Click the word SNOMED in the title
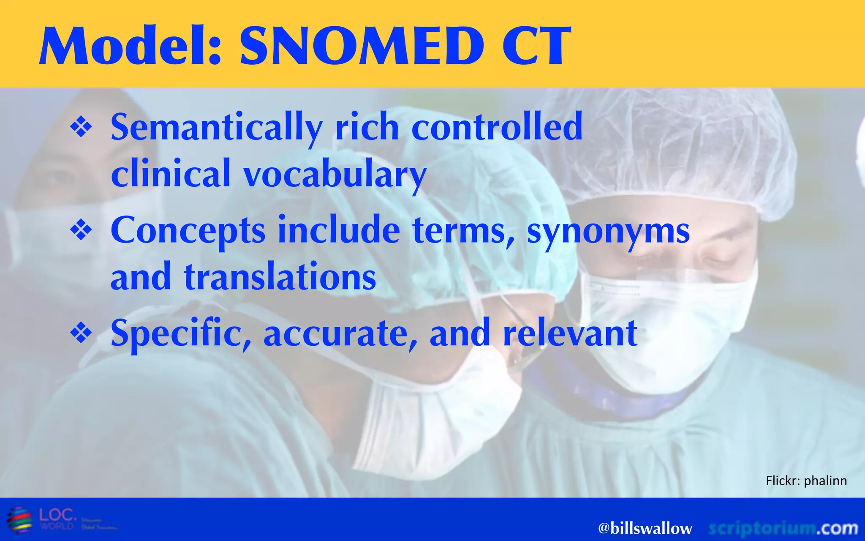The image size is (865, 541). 361,46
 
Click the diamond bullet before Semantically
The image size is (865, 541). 81,128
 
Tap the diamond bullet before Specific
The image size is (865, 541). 81,333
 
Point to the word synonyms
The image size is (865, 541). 608,231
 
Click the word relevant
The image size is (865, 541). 570,333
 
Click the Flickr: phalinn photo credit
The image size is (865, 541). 806,481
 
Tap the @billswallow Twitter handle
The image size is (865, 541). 645,528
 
